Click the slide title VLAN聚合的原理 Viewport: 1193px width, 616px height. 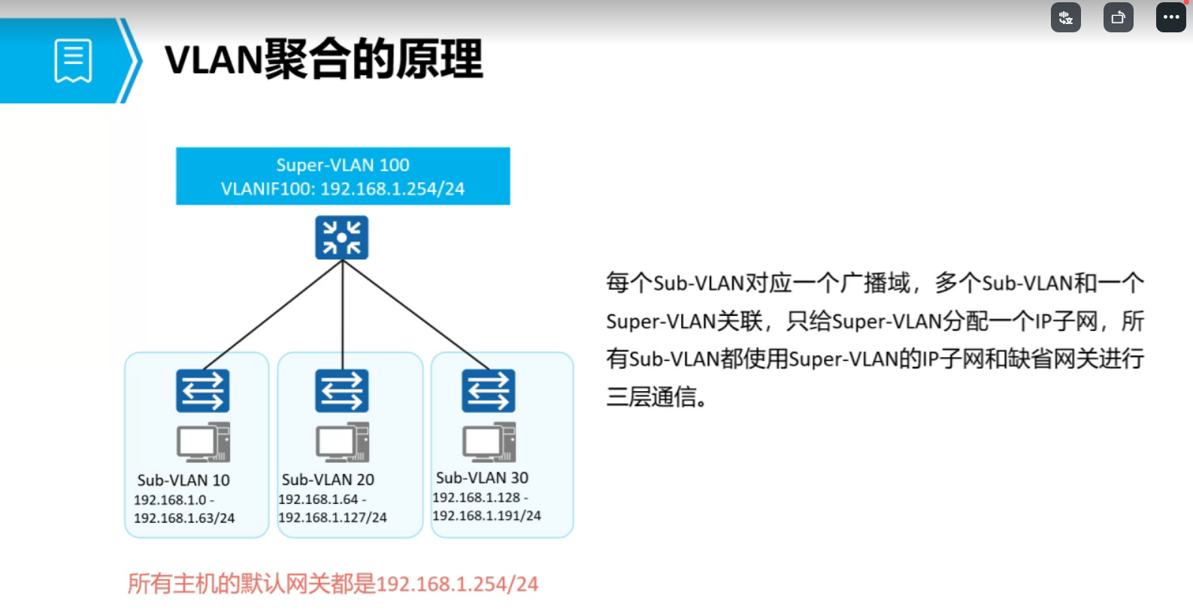(x=323, y=59)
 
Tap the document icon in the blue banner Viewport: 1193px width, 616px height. (x=73, y=60)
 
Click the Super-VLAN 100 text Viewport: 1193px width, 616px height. (x=343, y=165)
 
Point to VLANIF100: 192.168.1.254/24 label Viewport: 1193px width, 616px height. (x=343, y=189)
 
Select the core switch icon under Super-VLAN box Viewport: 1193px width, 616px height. (x=342, y=238)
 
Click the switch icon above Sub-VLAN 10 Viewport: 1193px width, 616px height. (x=203, y=390)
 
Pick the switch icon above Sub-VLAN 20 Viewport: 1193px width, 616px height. (x=342, y=390)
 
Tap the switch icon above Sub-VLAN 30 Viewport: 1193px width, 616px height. (x=489, y=390)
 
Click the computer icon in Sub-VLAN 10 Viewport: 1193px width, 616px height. (x=203, y=442)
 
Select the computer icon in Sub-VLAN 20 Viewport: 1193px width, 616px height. (x=342, y=442)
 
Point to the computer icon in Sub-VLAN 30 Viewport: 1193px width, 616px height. (x=489, y=442)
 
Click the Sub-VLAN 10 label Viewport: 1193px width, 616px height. (x=183, y=480)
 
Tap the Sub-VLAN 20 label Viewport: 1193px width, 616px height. (x=328, y=479)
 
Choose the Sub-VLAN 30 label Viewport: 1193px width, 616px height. (x=482, y=478)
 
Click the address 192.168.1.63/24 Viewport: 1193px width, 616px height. (x=184, y=518)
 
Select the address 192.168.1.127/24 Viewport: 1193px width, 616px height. (x=332, y=517)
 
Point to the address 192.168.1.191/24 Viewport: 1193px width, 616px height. (x=486, y=516)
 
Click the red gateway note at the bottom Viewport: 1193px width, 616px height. (x=333, y=584)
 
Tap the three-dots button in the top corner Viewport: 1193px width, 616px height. (x=1170, y=17)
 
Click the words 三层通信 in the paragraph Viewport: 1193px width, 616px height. (x=651, y=396)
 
